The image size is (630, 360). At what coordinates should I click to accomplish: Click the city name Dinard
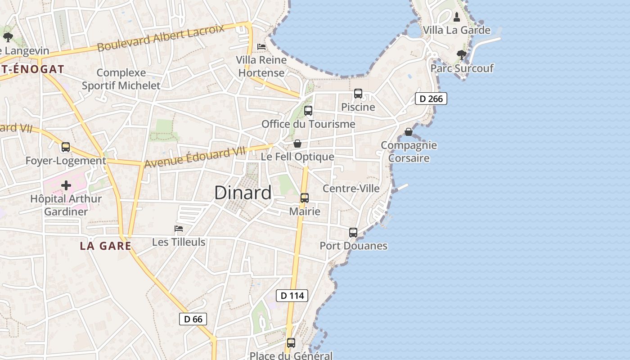(x=243, y=193)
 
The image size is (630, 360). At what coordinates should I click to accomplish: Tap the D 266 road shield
(x=431, y=99)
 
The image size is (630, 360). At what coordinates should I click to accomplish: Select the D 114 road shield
(x=292, y=296)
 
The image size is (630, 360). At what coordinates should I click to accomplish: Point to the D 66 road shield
(x=193, y=319)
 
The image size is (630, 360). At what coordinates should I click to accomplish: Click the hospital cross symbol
(x=66, y=185)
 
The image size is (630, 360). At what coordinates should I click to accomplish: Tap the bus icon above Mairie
(x=305, y=198)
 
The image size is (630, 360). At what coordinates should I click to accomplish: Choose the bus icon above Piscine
(x=358, y=94)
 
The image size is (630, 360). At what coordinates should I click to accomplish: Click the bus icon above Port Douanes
(x=353, y=233)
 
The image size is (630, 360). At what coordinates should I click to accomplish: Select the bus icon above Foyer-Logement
(x=66, y=147)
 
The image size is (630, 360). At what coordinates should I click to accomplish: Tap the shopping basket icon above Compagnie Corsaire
(x=409, y=132)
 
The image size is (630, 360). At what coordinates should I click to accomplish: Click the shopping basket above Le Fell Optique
(x=297, y=144)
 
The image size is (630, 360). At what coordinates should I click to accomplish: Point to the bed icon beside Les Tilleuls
(x=179, y=229)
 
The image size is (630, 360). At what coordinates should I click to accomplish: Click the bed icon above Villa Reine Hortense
(x=261, y=47)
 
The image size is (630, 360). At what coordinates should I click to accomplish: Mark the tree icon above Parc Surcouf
(x=461, y=55)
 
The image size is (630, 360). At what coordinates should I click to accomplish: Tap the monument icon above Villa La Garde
(x=457, y=17)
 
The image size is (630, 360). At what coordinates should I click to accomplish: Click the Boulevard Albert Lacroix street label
(x=161, y=38)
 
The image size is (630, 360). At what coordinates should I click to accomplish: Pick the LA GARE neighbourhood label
(x=106, y=246)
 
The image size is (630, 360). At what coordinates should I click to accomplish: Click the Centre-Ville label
(x=351, y=189)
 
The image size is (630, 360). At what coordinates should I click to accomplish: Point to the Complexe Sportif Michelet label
(x=121, y=79)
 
